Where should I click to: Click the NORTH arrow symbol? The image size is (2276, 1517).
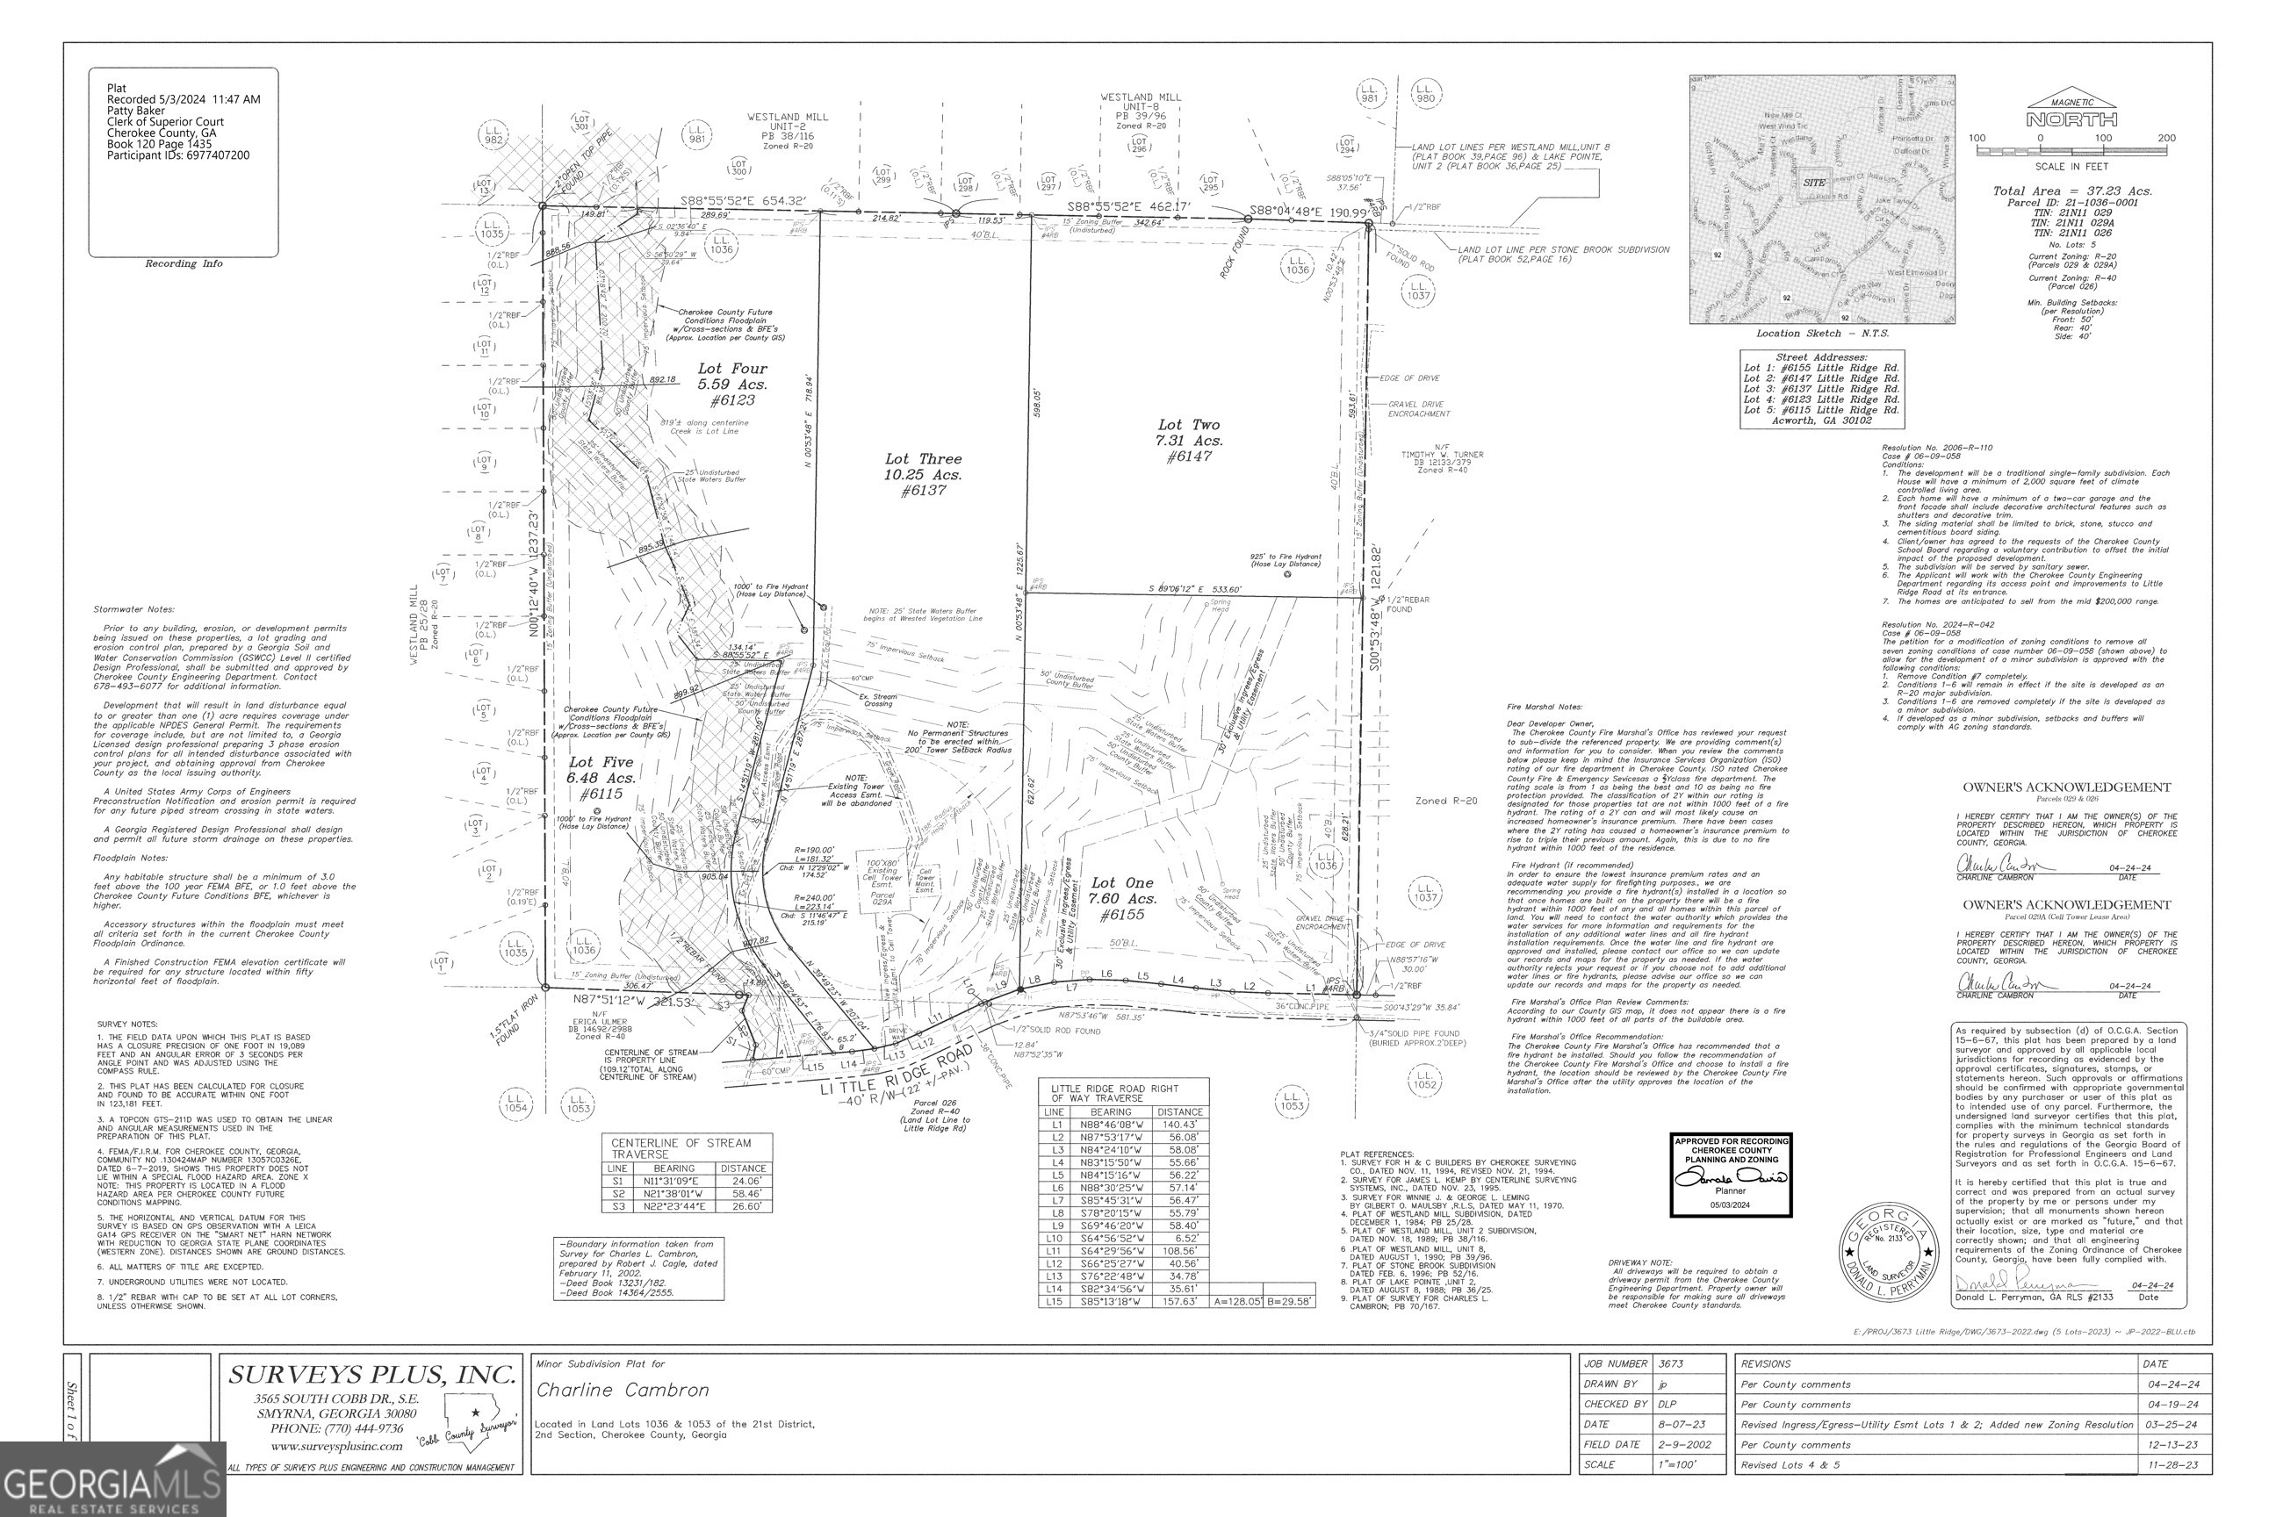click(x=2071, y=114)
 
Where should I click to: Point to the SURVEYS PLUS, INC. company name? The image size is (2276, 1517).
click(x=371, y=1375)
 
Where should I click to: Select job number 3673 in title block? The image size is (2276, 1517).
click(x=1670, y=1363)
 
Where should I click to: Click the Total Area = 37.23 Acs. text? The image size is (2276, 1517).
click(x=2071, y=191)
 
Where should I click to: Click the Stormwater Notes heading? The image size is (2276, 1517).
click(x=133, y=609)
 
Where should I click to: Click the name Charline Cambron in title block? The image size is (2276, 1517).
click(x=623, y=1391)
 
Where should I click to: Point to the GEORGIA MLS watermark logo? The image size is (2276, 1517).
click(x=112, y=1479)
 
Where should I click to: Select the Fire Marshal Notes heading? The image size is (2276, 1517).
click(x=1544, y=708)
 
